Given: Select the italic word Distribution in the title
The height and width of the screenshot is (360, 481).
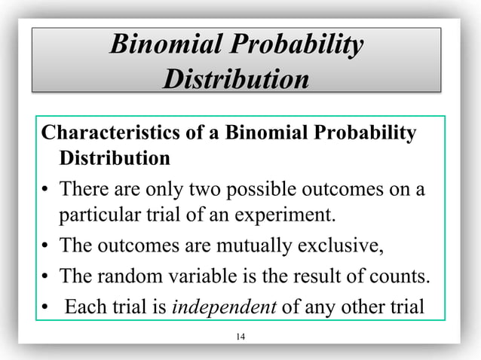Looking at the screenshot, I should coord(235,79).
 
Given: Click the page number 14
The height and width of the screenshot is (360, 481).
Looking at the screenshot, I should coord(240,335).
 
